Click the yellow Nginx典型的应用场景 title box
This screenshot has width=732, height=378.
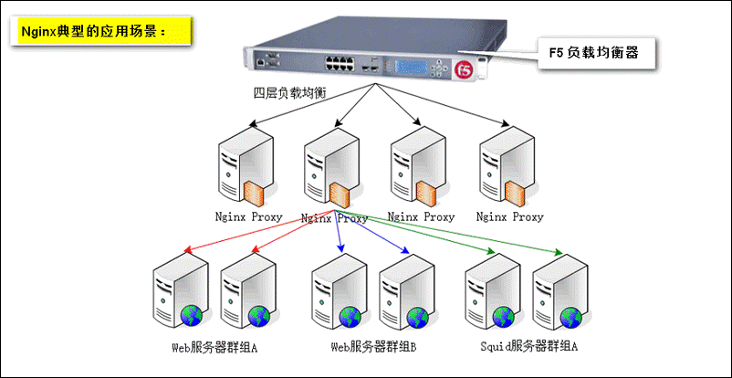click(x=100, y=31)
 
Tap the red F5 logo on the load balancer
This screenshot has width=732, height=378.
click(x=464, y=70)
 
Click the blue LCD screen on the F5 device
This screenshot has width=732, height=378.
click(x=412, y=68)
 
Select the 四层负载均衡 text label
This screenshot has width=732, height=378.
click(x=289, y=93)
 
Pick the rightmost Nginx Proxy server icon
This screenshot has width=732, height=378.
click(x=507, y=166)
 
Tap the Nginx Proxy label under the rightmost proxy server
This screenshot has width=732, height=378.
click(x=510, y=216)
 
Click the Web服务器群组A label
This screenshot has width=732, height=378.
click(x=214, y=347)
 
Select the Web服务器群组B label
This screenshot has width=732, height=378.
click(x=373, y=347)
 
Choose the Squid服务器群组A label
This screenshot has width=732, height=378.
click(x=529, y=347)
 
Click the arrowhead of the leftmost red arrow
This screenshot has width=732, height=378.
click(x=187, y=249)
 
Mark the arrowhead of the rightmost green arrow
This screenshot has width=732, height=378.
click(x=559, y=253)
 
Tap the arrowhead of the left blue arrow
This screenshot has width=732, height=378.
click(x=340, y=249)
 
